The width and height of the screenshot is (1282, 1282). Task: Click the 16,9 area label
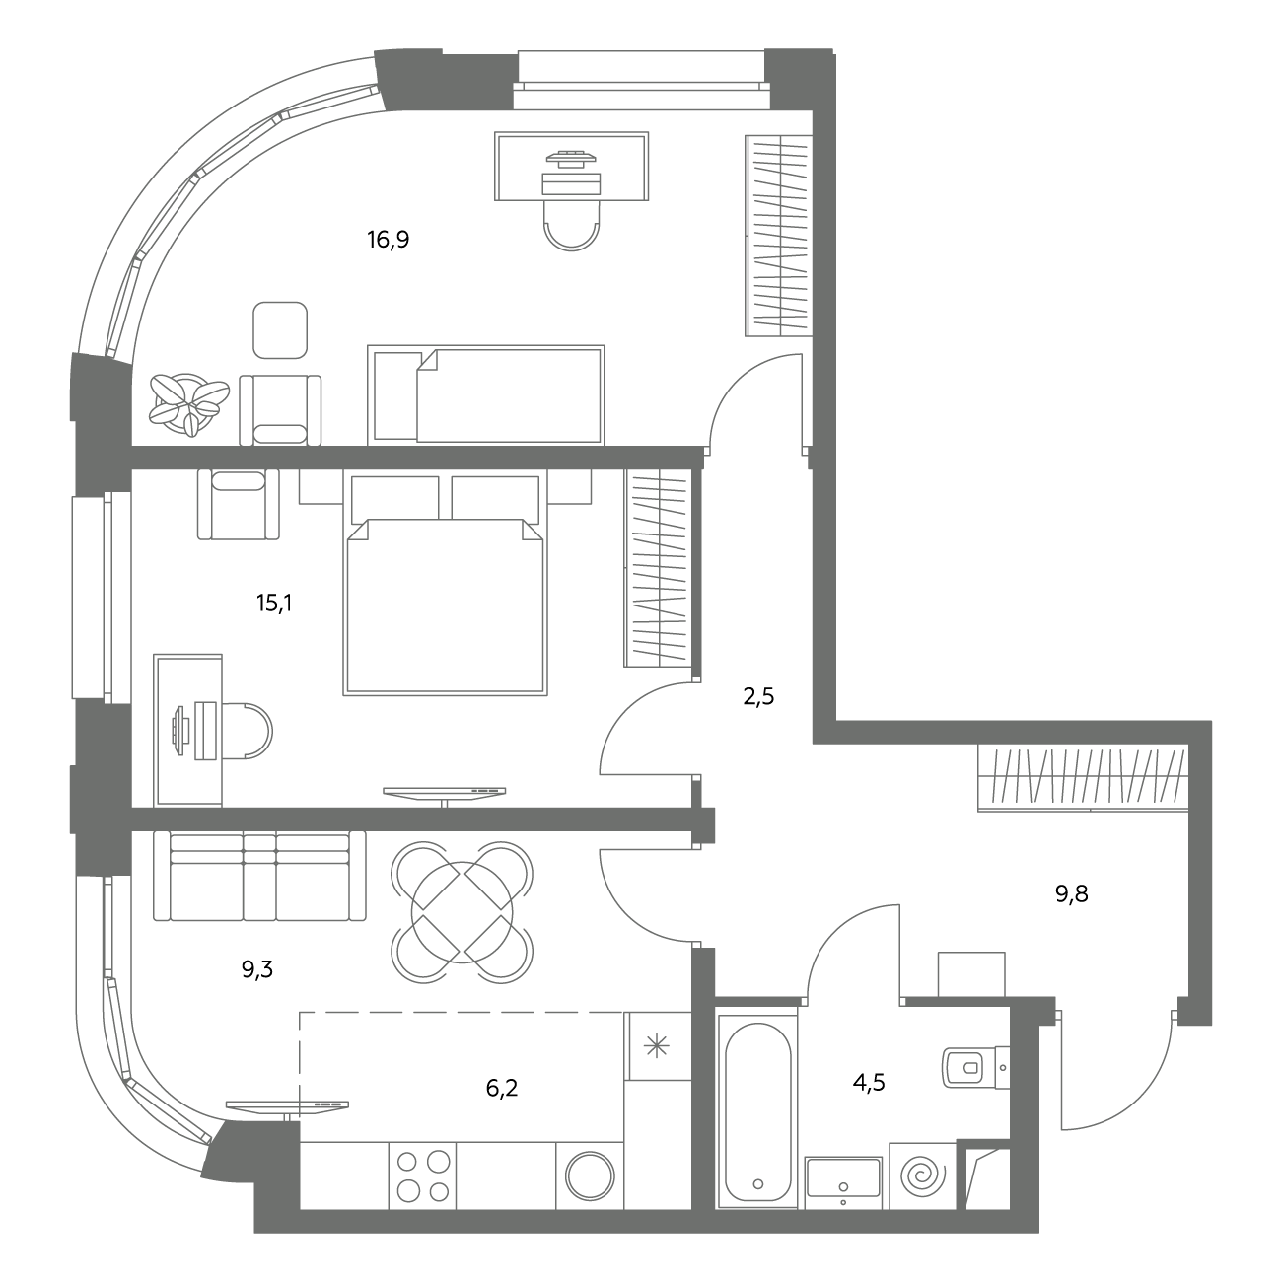coord(388,240)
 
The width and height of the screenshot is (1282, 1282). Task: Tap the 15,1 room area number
coord(274,604)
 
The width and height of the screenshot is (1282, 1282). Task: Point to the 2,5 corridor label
coord(758,697)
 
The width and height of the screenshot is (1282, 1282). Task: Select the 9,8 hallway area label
coord(1072,894)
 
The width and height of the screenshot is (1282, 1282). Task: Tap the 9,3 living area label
coord(256,970)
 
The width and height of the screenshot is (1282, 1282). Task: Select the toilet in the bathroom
coord(975,1070)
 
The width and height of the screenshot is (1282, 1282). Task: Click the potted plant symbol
coord(189,404)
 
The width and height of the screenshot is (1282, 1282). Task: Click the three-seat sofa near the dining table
coord(259,876)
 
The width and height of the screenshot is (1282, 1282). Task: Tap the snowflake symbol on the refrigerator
coord(657,1048)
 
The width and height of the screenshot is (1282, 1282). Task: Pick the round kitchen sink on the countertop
coord(590,1175)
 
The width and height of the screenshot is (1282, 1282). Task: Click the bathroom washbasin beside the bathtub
coord(843,1184)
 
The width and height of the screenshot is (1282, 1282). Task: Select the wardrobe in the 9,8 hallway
coord(1083,778)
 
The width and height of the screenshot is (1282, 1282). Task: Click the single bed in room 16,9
coord(485,394)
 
